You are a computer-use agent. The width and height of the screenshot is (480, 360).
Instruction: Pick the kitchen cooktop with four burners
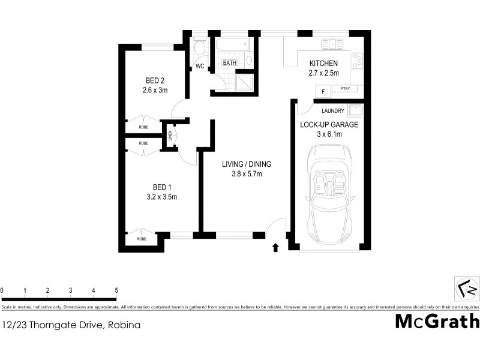(358, 61)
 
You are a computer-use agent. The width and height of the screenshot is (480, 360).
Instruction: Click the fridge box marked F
(323, 91)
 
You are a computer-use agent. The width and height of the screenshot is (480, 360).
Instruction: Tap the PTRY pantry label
(344, 89)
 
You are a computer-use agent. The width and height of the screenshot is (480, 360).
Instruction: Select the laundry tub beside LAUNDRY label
(355, 111)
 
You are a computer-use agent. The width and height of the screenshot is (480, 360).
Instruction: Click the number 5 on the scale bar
(116, 290)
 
